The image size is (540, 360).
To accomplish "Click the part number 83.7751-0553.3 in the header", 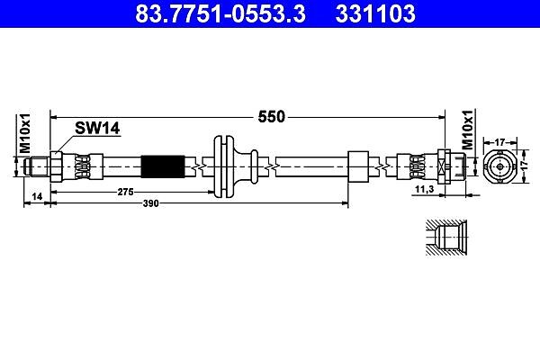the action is pos(220,13).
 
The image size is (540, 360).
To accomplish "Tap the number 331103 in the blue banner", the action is pos(375,13).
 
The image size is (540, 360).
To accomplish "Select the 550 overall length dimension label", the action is pos(272,117).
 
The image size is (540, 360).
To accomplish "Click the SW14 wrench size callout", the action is pos(97,128).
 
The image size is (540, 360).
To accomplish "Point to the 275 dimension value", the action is pos(125,192).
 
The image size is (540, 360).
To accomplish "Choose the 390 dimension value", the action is pos(151,203).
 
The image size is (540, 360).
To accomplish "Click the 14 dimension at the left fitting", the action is pos(37,196).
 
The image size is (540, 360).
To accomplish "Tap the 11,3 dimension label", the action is pos(424,189).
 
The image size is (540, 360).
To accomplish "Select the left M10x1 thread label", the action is pos(25,133).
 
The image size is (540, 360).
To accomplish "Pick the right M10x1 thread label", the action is pos(467,130).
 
